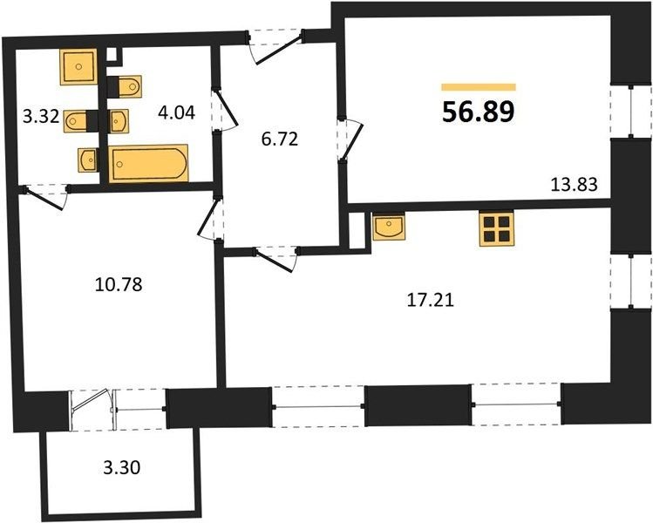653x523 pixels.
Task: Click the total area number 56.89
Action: pyautogui.click(x=479, y=112)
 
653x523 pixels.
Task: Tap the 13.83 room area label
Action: pyautogui.click(x=574, y=184)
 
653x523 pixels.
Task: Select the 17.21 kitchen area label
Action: pyautogui.click(x=430, y=300)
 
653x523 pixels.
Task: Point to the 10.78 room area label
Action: pyautogui.click(x=119, y=285)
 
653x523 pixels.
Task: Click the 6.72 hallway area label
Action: pyautogui.click(x=280, y=139)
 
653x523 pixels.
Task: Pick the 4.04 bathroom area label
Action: pyautogui.click(x=177, y=112)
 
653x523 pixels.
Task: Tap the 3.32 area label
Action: pyautogui.click(x=41, y=117)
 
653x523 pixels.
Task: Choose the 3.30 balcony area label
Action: pyautogui.click(x=121, y=468)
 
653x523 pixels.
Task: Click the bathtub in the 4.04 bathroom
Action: pyautogui.click(x=148, y=164)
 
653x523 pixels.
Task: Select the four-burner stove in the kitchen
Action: pyautogui.click(x=497, y=228)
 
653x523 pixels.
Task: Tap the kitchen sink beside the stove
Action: pyautogui.click(x=389, y=227)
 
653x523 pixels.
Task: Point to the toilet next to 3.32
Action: pyautogui.click(x=76, y=121)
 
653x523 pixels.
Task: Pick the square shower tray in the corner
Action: pyautogui.click(x=78, y=66)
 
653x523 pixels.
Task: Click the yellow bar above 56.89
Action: pyautogui.click(x=479, y=87)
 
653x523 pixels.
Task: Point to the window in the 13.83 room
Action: pyautogui.click(x=631, y=112)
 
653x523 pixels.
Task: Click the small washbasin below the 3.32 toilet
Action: pyautogui.click(x=88, y=160)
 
